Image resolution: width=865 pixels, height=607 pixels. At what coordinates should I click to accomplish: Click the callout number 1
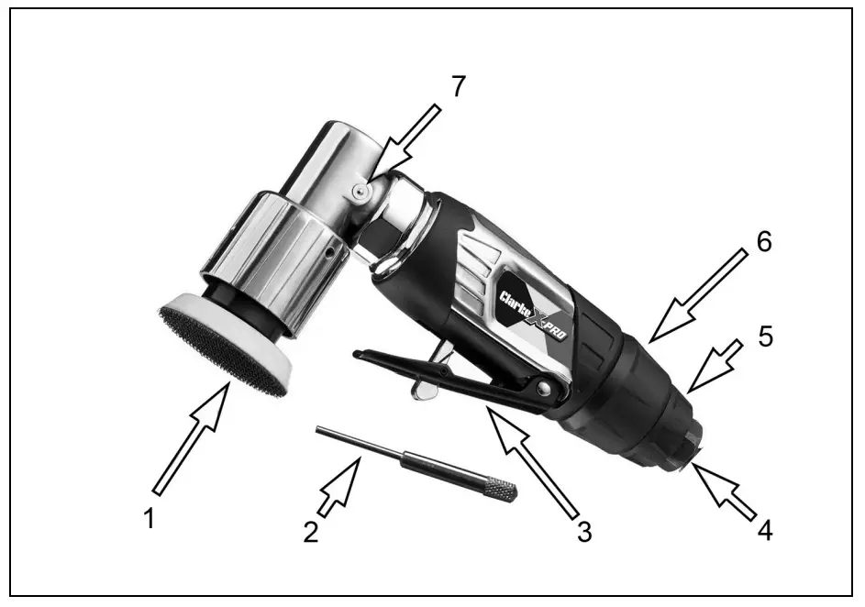pyautogui.click(x=150, y=519)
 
